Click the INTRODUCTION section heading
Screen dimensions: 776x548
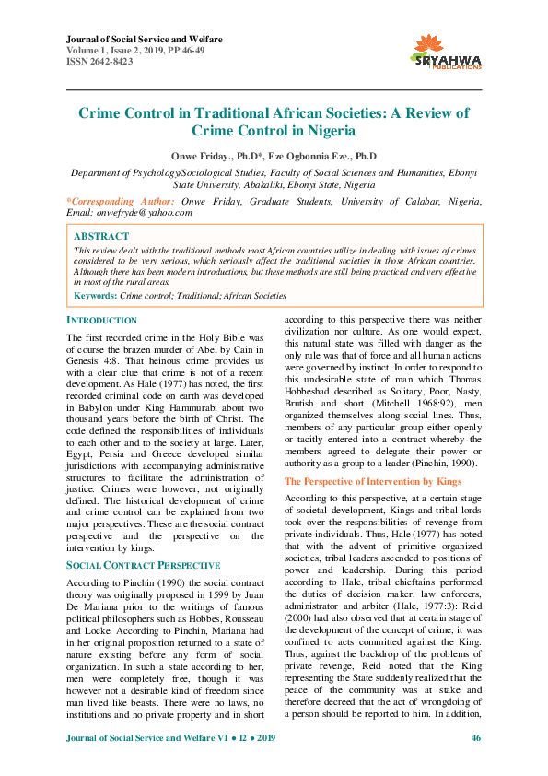pyautogui.click(x=102, y=320)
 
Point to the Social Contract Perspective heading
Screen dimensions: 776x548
pyautogui.click(x=143, y=564)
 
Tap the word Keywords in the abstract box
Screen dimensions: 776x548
pyautogui.click(x=94, y=295)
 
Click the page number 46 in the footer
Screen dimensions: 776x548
pyautogui.click(x=475, y=764)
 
